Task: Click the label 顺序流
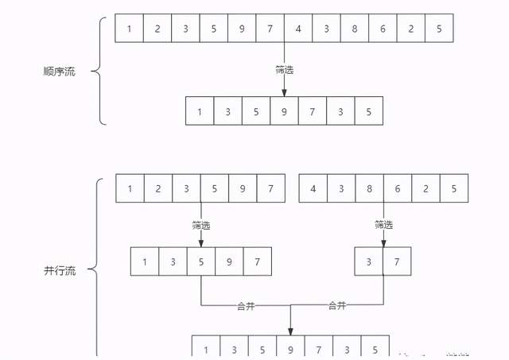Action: (x=59, y=72)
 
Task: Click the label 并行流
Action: (x=59, y=270)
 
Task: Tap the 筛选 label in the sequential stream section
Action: (x=284, y=70)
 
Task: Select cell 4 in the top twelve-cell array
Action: (x=298, y=29)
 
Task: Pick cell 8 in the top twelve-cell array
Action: (x=354, y=29)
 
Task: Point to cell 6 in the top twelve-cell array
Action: (x=383, y=29)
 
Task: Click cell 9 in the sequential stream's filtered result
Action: (x=284, y=111)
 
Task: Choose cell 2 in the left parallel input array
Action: (x=158, y=188)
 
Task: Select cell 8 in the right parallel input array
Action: (x=369, y=188)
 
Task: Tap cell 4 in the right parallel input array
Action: (x=313, y=188)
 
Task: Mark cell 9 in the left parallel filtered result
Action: (x=229, y=261)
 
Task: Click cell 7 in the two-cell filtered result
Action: (x=397, y=261)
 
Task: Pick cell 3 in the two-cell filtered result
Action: (x=369, y=261)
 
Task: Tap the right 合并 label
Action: (x=337, y=305)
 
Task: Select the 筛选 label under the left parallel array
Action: (x=200, y=225)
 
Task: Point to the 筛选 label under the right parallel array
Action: (x=383, y=225)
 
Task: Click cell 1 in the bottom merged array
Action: (x=206, y=348)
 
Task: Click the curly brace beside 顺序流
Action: (x=99, y=72)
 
